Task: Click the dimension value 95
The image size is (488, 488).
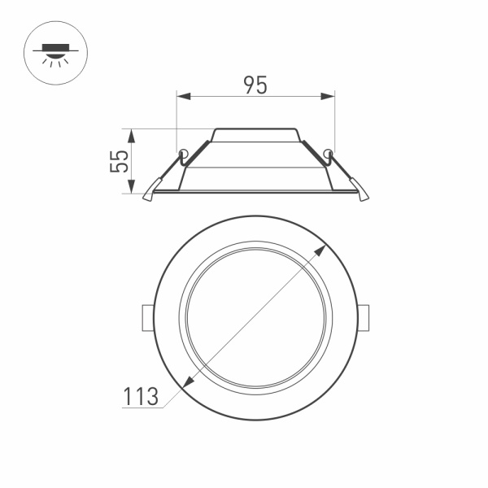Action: click(x=255, y=84)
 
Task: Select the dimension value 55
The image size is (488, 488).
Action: click(x=120, y=161)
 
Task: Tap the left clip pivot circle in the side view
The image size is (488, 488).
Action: click(x=184, y=153)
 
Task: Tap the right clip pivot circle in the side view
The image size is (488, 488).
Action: click(x=328, y=153)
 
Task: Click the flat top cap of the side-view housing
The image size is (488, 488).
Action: click(x=255, y=129)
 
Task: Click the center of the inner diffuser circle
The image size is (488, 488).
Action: click(x=256, y=318)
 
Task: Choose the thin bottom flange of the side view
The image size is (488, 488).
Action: click(x=255, y=192)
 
